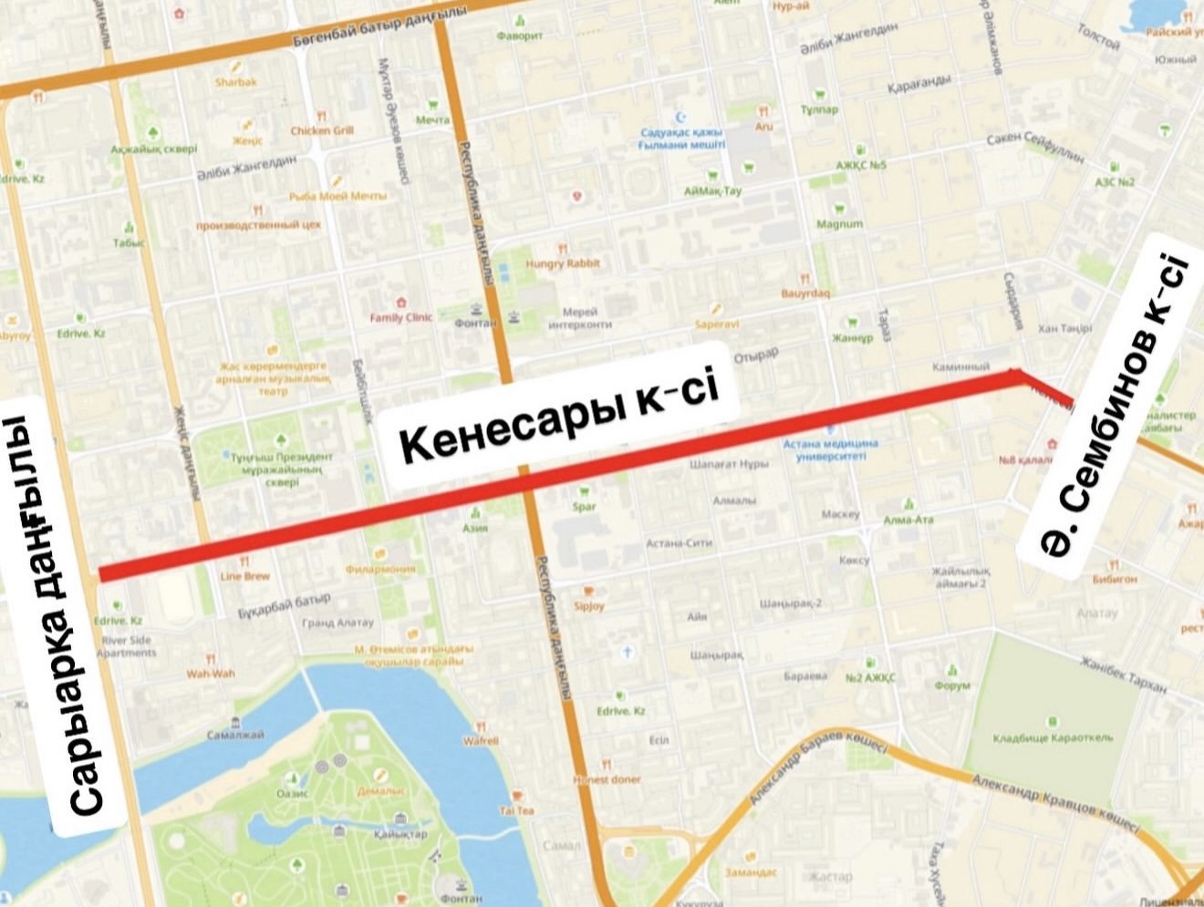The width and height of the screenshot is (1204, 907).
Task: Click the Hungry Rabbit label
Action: (563, 263)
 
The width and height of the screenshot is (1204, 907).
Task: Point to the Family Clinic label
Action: (400, 317)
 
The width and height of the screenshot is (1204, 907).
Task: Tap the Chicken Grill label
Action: (322, 130)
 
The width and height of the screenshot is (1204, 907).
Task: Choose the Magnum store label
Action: (839, 223)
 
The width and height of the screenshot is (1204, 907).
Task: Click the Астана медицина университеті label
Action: (830, 450)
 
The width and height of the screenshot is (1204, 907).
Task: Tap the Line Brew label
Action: (244, 576)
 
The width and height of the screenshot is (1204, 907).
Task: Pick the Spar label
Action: (584, 507)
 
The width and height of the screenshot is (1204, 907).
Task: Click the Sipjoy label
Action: (589, 605)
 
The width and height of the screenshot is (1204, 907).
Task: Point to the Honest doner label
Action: (607, 779)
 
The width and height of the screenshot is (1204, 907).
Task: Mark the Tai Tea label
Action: (516, 810)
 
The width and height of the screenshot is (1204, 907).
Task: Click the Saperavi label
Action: (716, 324)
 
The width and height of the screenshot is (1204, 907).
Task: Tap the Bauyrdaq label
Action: (805, 294)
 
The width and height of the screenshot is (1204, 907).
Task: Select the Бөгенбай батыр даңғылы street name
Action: (381, 27)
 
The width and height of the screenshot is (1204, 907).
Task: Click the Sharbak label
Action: (236, 82)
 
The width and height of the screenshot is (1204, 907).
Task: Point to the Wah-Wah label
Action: (211, 674)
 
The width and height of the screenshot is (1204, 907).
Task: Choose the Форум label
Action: (952, 685)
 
